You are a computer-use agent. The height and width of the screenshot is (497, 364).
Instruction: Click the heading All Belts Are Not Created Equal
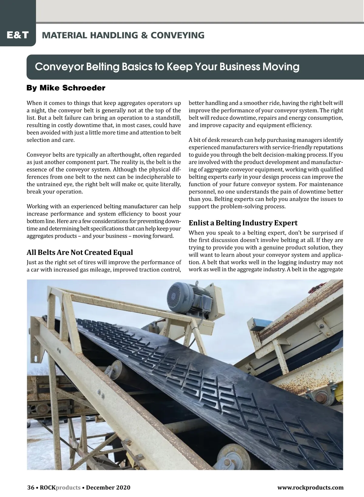click(80, 252)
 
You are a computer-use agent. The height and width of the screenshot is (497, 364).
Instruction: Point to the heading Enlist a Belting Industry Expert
click(243, 223)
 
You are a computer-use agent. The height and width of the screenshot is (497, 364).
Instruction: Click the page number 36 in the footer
click(31, 488)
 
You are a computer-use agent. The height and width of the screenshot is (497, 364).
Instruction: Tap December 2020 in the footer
click(108, 488)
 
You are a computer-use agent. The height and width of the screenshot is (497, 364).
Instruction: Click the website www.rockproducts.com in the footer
click(310, 488)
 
